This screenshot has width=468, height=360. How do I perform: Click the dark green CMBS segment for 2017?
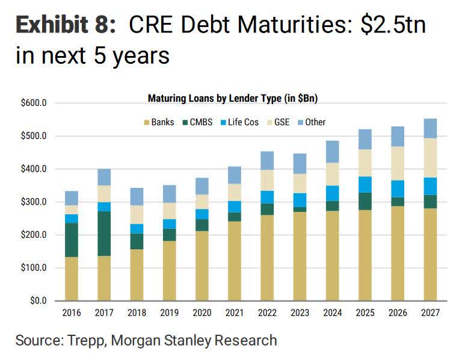click(104, 234)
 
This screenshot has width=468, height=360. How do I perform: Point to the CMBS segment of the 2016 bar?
click(72, 240)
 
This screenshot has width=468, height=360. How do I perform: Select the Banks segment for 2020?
click(201, 265)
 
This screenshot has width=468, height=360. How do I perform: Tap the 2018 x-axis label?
click(137, 313)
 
